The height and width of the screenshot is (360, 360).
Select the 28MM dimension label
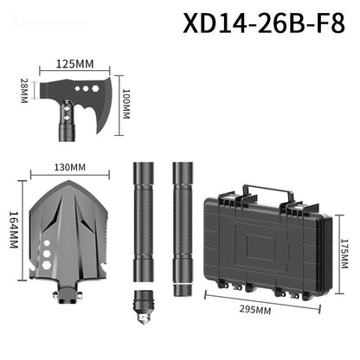24,88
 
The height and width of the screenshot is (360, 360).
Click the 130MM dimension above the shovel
70,167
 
